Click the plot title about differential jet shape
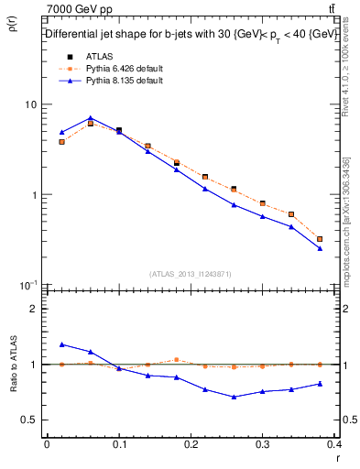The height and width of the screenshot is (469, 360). [191, 34]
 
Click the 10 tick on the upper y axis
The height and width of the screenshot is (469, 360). [30, 104]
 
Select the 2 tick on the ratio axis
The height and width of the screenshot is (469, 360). [33, 309]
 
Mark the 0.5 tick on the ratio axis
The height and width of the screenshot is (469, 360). [29, 420]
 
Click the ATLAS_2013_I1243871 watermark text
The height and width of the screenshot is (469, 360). [191, 274]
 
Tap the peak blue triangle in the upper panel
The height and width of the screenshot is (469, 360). [90, 118]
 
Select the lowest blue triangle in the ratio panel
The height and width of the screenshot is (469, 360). [235, 397]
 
